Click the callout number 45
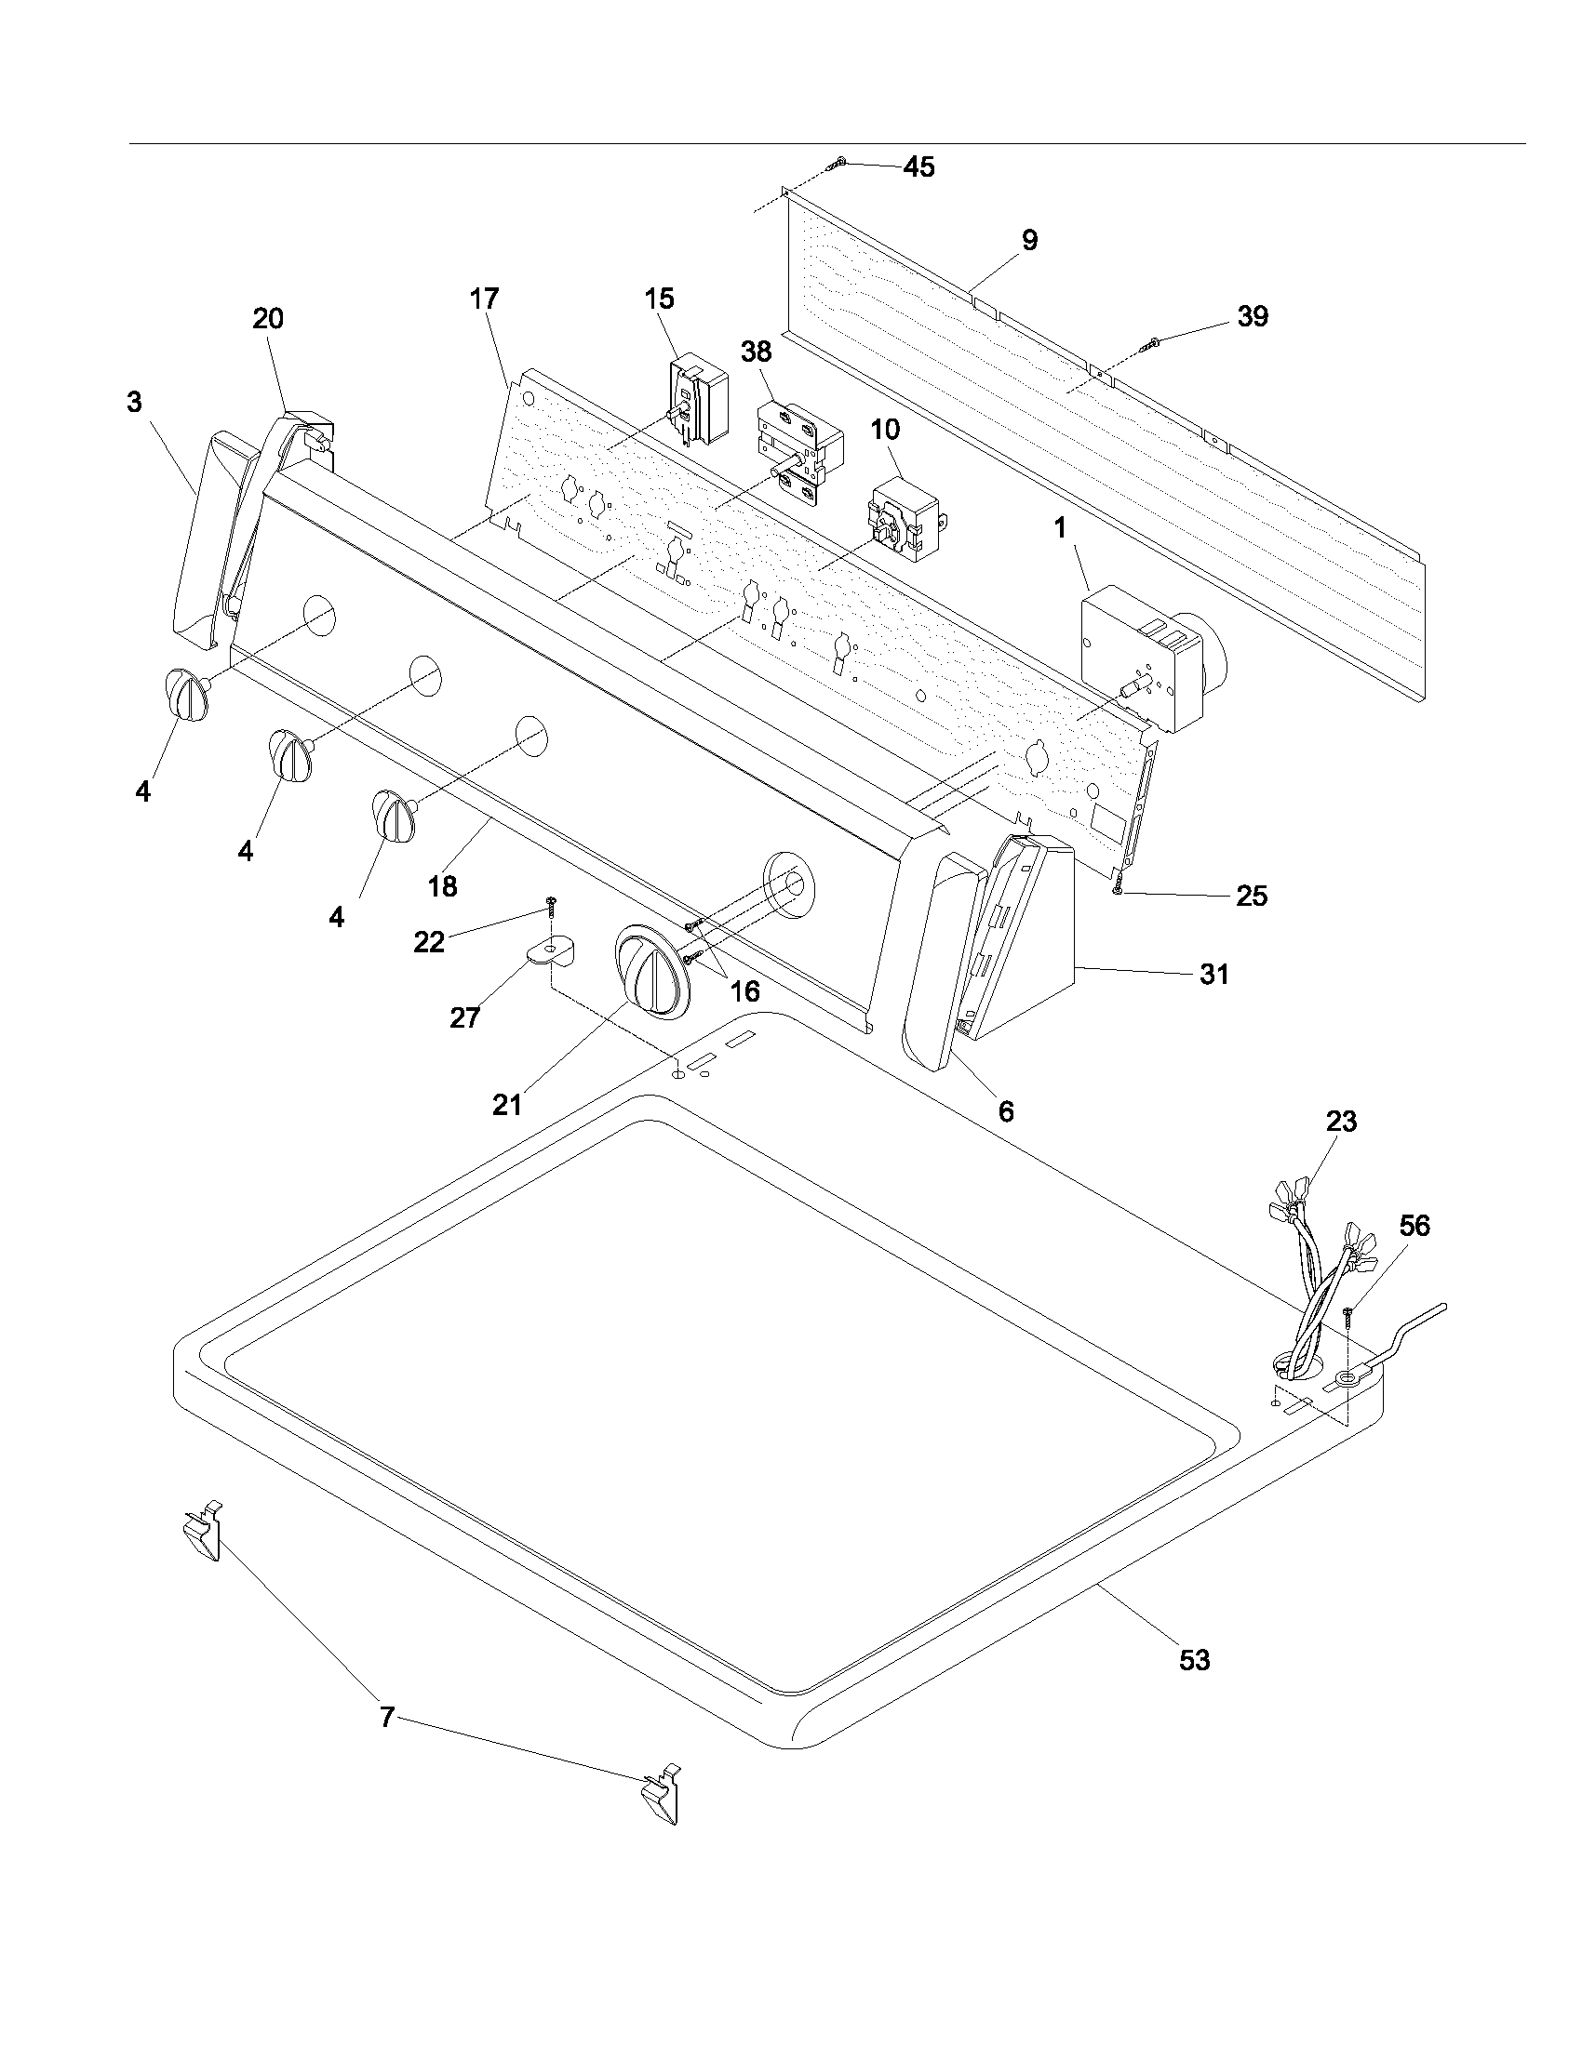918,166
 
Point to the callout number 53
1194,1661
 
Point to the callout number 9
1029,241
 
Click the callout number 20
268,319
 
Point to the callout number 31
1213,975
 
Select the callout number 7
387,1717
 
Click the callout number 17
484,299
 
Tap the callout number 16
746,990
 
